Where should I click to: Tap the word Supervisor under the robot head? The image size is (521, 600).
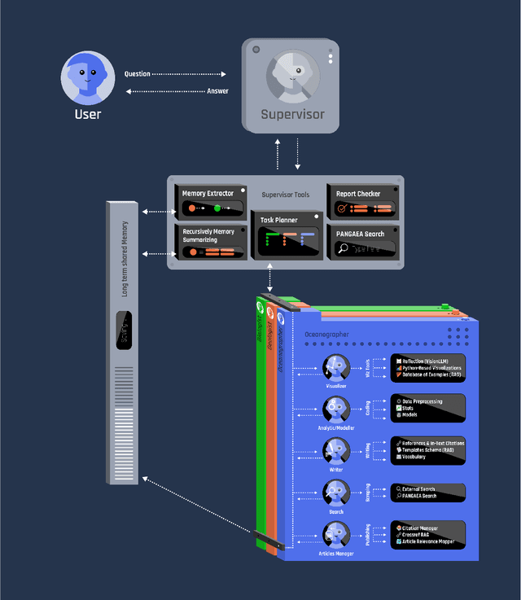[x=293, y=114]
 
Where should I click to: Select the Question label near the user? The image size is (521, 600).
[x=137, y=74]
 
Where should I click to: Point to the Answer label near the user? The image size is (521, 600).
[x=218, y=90]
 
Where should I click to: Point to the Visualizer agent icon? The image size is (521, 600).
[x=336, y=367]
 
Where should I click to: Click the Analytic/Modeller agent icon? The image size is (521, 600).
[x=336, y=409]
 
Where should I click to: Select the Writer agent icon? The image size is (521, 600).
[x=336, y=450]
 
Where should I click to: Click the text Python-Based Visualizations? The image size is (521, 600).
[x=431, y=368]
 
